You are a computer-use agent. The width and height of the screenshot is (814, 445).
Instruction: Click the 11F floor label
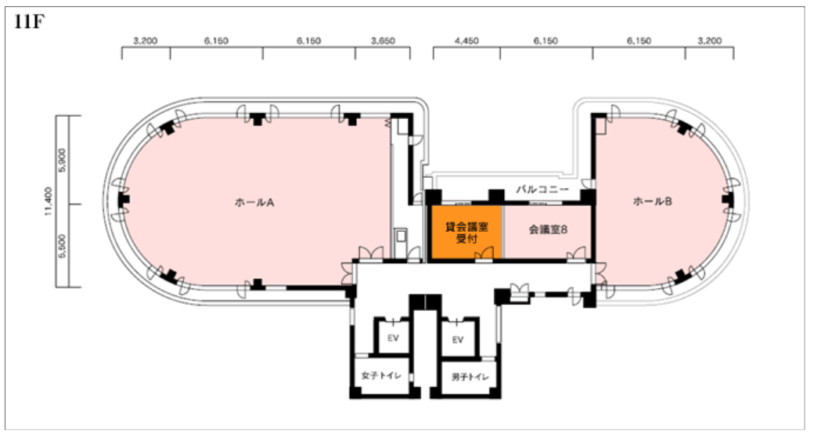30,23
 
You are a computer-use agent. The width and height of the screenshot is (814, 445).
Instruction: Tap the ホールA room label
254,203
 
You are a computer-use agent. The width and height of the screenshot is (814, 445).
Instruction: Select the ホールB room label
652,201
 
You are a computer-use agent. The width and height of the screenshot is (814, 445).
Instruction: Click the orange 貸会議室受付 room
466,233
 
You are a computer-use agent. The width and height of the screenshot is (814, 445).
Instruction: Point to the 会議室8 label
548,230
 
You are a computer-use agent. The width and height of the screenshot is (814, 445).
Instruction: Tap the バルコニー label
542,190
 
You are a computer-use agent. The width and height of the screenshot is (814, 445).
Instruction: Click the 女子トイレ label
382,375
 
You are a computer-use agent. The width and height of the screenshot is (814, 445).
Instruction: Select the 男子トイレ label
470,377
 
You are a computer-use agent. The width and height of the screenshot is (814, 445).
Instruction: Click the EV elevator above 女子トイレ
393,338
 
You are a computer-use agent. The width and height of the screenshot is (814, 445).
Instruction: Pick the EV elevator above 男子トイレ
457,340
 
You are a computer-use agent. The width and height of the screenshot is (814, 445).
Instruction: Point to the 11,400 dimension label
49,201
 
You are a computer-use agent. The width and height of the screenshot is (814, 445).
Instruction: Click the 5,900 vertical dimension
63,160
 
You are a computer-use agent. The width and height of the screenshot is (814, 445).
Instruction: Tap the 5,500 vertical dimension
63,246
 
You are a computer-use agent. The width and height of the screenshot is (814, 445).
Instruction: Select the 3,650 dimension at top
383,41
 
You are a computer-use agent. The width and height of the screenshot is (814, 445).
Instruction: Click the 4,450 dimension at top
466,41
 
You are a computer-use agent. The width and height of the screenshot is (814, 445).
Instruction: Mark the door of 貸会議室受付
484,253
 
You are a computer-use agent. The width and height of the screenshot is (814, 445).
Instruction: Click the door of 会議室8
575,253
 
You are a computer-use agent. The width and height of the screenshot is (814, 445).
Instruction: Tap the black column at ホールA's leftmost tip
124,199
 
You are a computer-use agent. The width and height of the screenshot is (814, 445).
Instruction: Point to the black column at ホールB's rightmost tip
727,199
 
